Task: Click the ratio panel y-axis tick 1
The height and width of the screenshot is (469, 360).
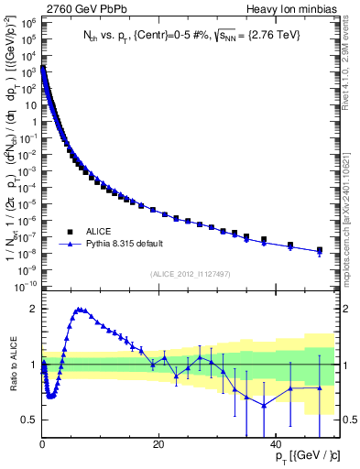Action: [x=32, y=365]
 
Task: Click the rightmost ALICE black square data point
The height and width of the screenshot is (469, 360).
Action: [x=320, y=249]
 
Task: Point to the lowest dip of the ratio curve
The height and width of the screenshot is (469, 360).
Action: [x=51, y=397]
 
